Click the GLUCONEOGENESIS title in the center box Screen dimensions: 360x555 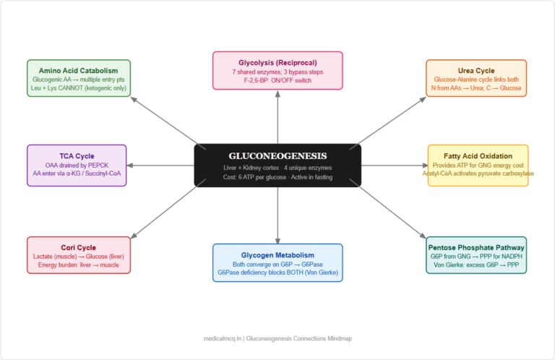point(277,155)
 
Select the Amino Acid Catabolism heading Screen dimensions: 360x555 point(78,70)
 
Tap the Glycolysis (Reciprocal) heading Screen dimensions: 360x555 point(277,63)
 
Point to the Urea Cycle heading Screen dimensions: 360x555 point(476,70)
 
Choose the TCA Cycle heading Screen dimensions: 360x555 point(77,155)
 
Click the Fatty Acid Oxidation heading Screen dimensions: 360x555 point(478,155)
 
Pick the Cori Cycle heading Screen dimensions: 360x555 point(78,247)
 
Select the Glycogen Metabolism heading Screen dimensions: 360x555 point(277,254)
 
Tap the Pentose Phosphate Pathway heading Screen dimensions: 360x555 point(476,247)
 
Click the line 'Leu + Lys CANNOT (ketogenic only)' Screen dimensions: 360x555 point(78,90)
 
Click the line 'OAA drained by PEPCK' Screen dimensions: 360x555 point(77,166)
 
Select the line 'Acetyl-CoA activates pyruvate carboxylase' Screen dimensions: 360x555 point(478,173)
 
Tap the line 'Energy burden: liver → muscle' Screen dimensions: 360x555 point(78,266)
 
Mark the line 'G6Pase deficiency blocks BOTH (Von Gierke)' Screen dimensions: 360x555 point(277,273)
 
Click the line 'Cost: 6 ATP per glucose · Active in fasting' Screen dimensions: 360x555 point(277,177)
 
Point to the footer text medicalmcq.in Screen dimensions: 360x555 point(222,338)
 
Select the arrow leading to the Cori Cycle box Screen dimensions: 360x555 point(163,211)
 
